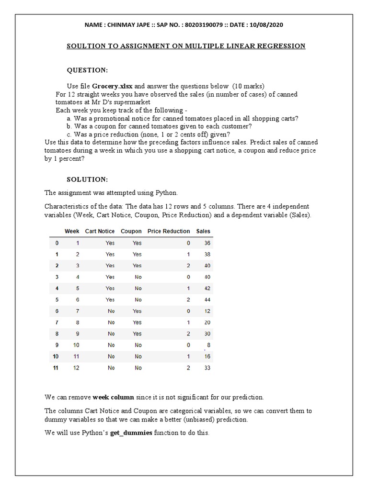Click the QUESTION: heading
pyautogui.click(x=87, y=70)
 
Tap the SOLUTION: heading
pyautogui.click(x=87, y=179)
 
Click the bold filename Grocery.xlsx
pyautogui.click(x=112, y=86)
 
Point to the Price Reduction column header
pyautogui.click(x=169, y=231)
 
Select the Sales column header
pyautogui.click(x=203, y=231)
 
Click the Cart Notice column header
pyautogui.click(x=100, y=231)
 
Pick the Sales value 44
pyautogui.click(x=207, y=300)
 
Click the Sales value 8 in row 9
pyautogui.click(x=208, y=345)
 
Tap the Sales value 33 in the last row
pyautogui.click(x=207, y=368)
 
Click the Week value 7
pyautogui.click(x=77, y=311)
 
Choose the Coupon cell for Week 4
pyautogui.click(x=138, y=277)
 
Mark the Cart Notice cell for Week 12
pyautogui.click(x=111, y=368)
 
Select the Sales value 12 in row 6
pyautogui.click(x=207, y=311)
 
